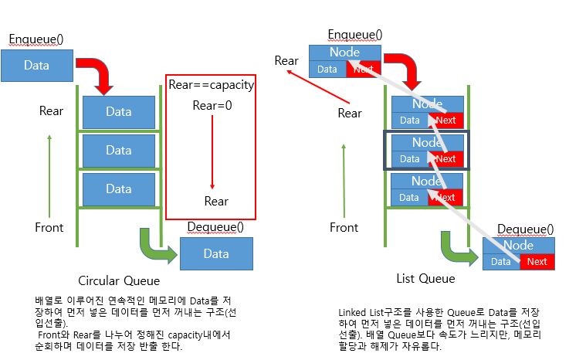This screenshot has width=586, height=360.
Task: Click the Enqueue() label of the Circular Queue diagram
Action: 36,39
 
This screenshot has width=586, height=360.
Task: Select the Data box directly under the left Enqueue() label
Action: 37,66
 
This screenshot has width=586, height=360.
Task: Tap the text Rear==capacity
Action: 211,85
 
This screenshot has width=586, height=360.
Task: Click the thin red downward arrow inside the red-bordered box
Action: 212,155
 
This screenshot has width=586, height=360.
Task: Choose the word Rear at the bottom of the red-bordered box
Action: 216,201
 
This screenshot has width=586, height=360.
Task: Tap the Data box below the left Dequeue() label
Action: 216,253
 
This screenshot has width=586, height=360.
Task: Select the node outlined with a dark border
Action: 426,150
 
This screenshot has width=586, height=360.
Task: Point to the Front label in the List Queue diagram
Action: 344,227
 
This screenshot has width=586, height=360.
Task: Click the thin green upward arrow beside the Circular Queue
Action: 49,175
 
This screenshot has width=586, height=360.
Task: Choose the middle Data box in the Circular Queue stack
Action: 119,150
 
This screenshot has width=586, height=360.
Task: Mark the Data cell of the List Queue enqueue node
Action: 327,70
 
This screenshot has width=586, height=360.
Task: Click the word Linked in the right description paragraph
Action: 357,311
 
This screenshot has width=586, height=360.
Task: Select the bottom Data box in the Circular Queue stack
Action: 119,188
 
